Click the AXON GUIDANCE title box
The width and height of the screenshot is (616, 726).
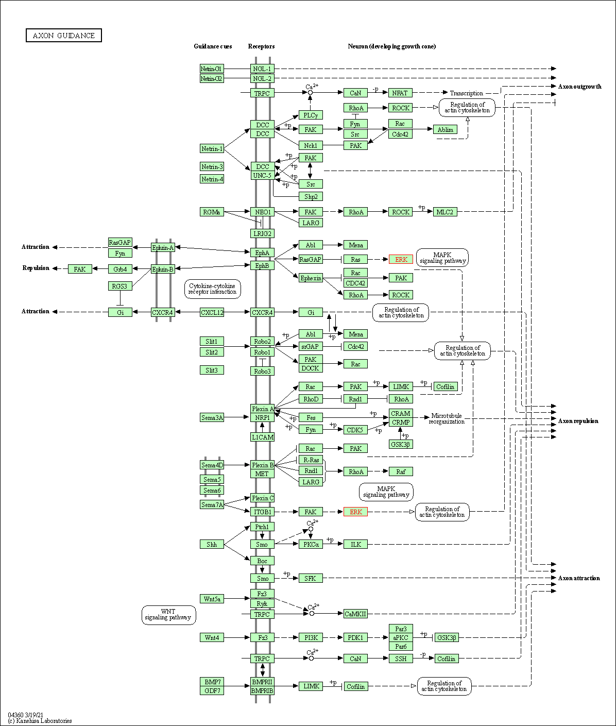[64, 36]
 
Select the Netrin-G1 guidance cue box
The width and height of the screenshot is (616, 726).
[212, 69]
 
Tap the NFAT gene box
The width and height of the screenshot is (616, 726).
[400, 93]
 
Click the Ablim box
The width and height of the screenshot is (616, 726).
[446, 129]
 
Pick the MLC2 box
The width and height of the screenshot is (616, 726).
[445, 212]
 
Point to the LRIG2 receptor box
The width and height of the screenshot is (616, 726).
[262, 233]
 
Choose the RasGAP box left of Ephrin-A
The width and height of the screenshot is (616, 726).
[120, 242]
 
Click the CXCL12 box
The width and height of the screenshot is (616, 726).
[212, 312]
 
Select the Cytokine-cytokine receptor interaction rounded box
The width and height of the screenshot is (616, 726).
[212, 289]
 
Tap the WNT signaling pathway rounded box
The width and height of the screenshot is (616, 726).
[168, 615]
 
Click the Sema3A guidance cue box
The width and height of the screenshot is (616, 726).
[212, 417]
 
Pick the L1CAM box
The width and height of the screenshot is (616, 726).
[262, 437]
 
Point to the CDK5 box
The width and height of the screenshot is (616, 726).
[355, 430]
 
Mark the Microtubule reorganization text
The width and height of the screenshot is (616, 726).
[447, 418]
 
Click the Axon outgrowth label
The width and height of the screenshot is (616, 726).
[579, 87]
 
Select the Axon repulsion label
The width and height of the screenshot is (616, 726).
[578, 421]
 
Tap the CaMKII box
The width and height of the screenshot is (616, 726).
[355, 614]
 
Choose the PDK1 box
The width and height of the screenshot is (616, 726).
[355, 638]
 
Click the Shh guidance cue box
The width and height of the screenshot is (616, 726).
[212, 544]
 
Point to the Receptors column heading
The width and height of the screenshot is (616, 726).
[261, 46]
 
